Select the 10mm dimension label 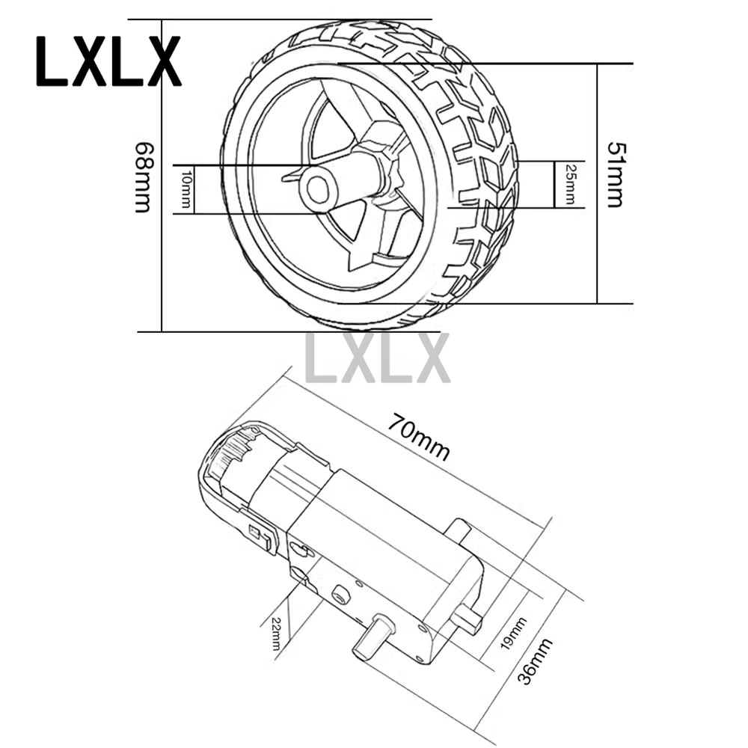186,189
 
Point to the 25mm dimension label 570,184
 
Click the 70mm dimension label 418,437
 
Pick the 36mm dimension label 535,660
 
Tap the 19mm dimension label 513,633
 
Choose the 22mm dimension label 276,634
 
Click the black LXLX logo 108,61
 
